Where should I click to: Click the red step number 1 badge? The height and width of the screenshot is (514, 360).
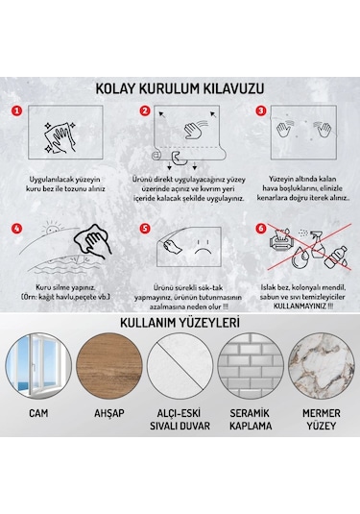tap(15, 111)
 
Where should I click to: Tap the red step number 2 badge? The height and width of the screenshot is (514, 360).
tap(145, 111)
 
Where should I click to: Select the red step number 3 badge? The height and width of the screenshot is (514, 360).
tap(261, 111)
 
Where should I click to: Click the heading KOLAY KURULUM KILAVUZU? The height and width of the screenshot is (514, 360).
tap(180, 88)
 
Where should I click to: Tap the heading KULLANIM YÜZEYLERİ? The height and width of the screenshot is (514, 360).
tap(180, 322)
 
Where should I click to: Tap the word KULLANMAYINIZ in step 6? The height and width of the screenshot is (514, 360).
tap(306, 309)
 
